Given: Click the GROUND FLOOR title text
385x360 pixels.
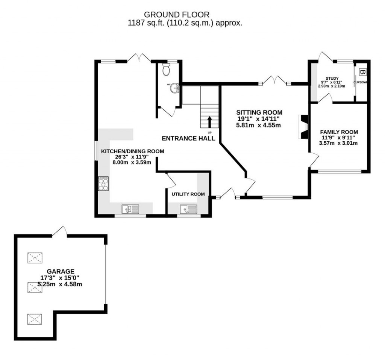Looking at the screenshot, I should click(x=177, y=15).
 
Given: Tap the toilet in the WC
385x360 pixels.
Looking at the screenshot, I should click(x=166, y=70).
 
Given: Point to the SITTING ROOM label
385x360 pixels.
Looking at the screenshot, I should click(x=259, y=112).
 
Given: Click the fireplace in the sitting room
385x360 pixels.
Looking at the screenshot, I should click(x=303, y=127).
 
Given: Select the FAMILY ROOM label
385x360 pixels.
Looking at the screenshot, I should click(x=339, y=132).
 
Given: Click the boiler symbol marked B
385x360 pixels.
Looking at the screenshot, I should click(x=362, y=71).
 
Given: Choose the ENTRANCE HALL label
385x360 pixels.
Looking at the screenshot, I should click(x=188, y=138).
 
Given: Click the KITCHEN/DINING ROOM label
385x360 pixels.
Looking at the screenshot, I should click(x=133, y=151).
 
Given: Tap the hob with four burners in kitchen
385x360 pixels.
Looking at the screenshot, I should click(x=103, y=184).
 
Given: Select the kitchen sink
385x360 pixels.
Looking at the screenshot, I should click(x=130, y=209).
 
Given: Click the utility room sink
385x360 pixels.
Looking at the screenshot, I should click(x=188, y=209).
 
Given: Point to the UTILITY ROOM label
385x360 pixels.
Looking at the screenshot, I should click(x=188, y=194).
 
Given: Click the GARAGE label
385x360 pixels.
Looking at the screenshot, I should click(x=61, y=271).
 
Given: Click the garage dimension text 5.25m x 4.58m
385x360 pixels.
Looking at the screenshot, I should click(x=61, y=284).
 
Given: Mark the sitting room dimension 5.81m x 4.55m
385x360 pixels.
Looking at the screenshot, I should click(x=259, y=126).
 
